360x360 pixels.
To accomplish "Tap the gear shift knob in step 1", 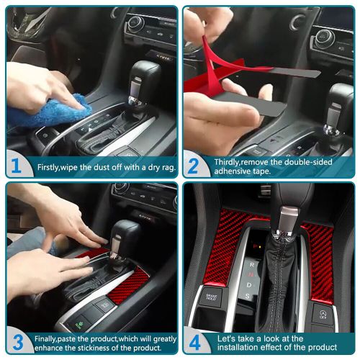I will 144,79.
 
